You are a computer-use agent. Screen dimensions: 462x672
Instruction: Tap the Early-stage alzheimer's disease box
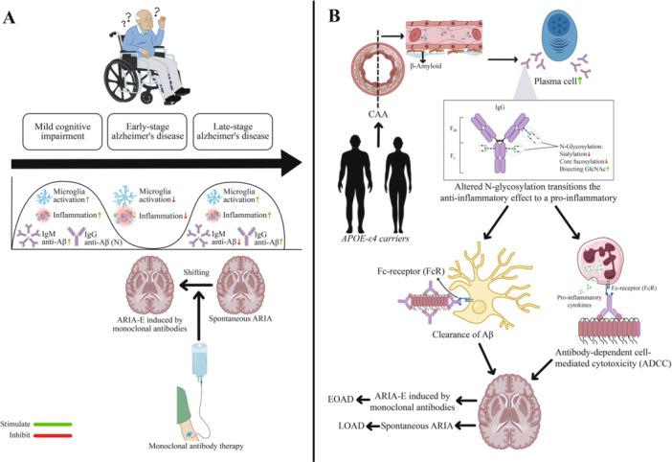click(x=150, y=131)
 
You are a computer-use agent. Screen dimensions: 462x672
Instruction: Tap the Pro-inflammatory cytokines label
click(x=572, y=308)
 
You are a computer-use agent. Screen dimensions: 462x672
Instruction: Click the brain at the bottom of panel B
click(x=515, y=406)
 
